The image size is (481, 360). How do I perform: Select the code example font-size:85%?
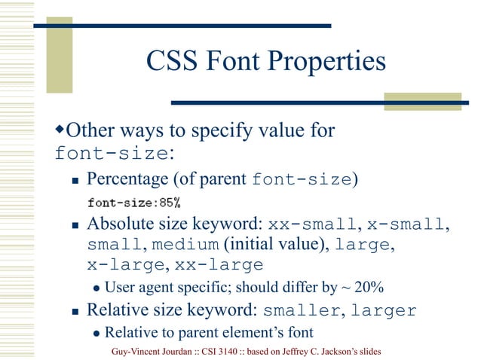(133, 203)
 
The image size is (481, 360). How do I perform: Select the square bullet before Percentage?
(75, 181)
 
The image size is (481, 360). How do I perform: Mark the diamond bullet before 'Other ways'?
(60, 132)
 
